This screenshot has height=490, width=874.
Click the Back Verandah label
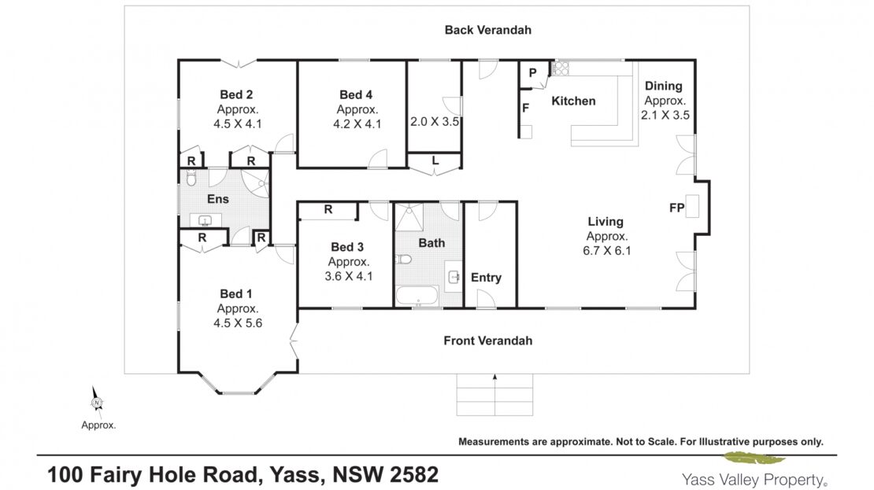[x=487, y=30]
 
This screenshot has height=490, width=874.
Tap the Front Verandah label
[x=487, y=341]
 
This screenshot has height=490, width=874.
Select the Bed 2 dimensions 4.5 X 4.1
[x=238, y=124]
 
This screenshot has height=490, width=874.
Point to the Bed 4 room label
[x=356, y=94]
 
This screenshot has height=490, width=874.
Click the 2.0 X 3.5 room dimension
[x=435, y=121]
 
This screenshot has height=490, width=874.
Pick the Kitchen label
[x=573, y=101]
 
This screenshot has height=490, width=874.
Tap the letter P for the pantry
[x=533, y=72]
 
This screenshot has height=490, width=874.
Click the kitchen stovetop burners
[x=560, y=68]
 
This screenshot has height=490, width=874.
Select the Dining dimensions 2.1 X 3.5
[x=665, y=116]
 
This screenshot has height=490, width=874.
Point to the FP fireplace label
[x=676, y=208]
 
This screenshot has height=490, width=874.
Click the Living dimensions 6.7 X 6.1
[x=607, y=251]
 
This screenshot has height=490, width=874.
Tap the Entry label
[x=486, y=278]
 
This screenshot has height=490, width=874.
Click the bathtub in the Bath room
[x=417, y=296]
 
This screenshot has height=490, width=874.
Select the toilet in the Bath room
[x=403, y=259]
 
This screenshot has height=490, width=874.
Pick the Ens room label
[x=218, y=199]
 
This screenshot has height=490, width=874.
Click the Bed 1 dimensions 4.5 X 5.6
[x=238, y=323]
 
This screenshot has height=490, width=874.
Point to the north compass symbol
[x=97, y=402]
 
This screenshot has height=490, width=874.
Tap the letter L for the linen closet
[x=435, y=160]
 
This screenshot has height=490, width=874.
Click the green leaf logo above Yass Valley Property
[x=754, y=459]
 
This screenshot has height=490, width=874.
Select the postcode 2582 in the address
[x=413, y=475]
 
